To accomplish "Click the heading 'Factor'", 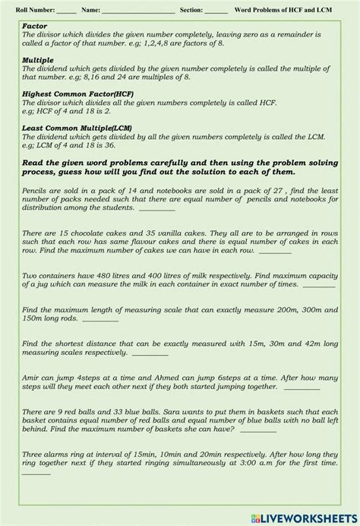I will [36, 26].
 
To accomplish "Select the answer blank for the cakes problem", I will [275, 251].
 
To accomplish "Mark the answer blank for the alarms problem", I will [36, 473].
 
